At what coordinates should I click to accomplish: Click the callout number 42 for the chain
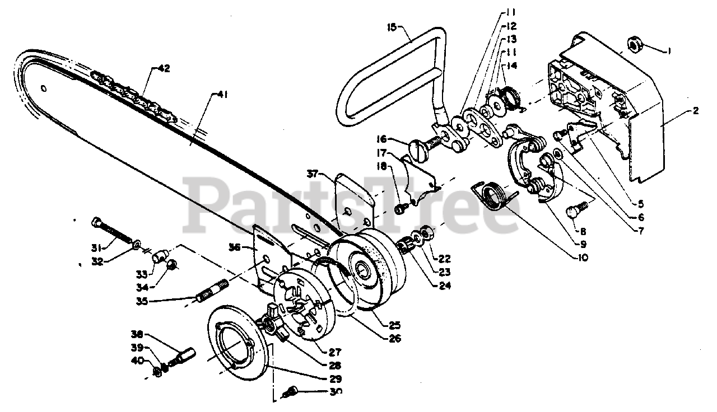click(164, 69)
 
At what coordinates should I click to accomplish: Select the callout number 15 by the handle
click(392, 26)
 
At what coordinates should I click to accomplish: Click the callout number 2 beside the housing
click(695, 110)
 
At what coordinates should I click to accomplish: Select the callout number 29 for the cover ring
click(335, 378)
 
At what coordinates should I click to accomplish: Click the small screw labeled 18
click(400, 209)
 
